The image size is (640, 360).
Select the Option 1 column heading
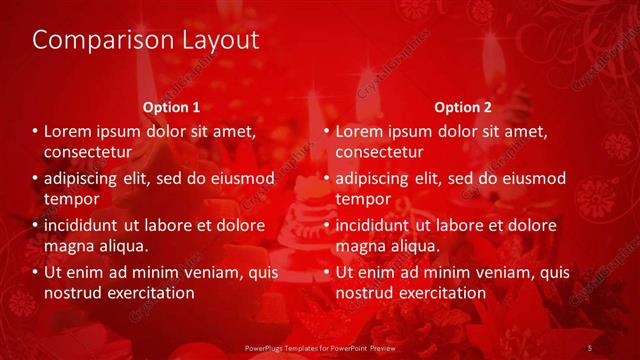tap(171, 107)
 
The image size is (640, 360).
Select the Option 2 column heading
tap(463, 107)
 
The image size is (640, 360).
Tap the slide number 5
tap(591, 347)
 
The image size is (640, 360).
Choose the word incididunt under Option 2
tap(376, 226)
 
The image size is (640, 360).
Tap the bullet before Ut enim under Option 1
tap(34, 272)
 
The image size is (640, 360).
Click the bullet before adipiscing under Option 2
tap(325, 179)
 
